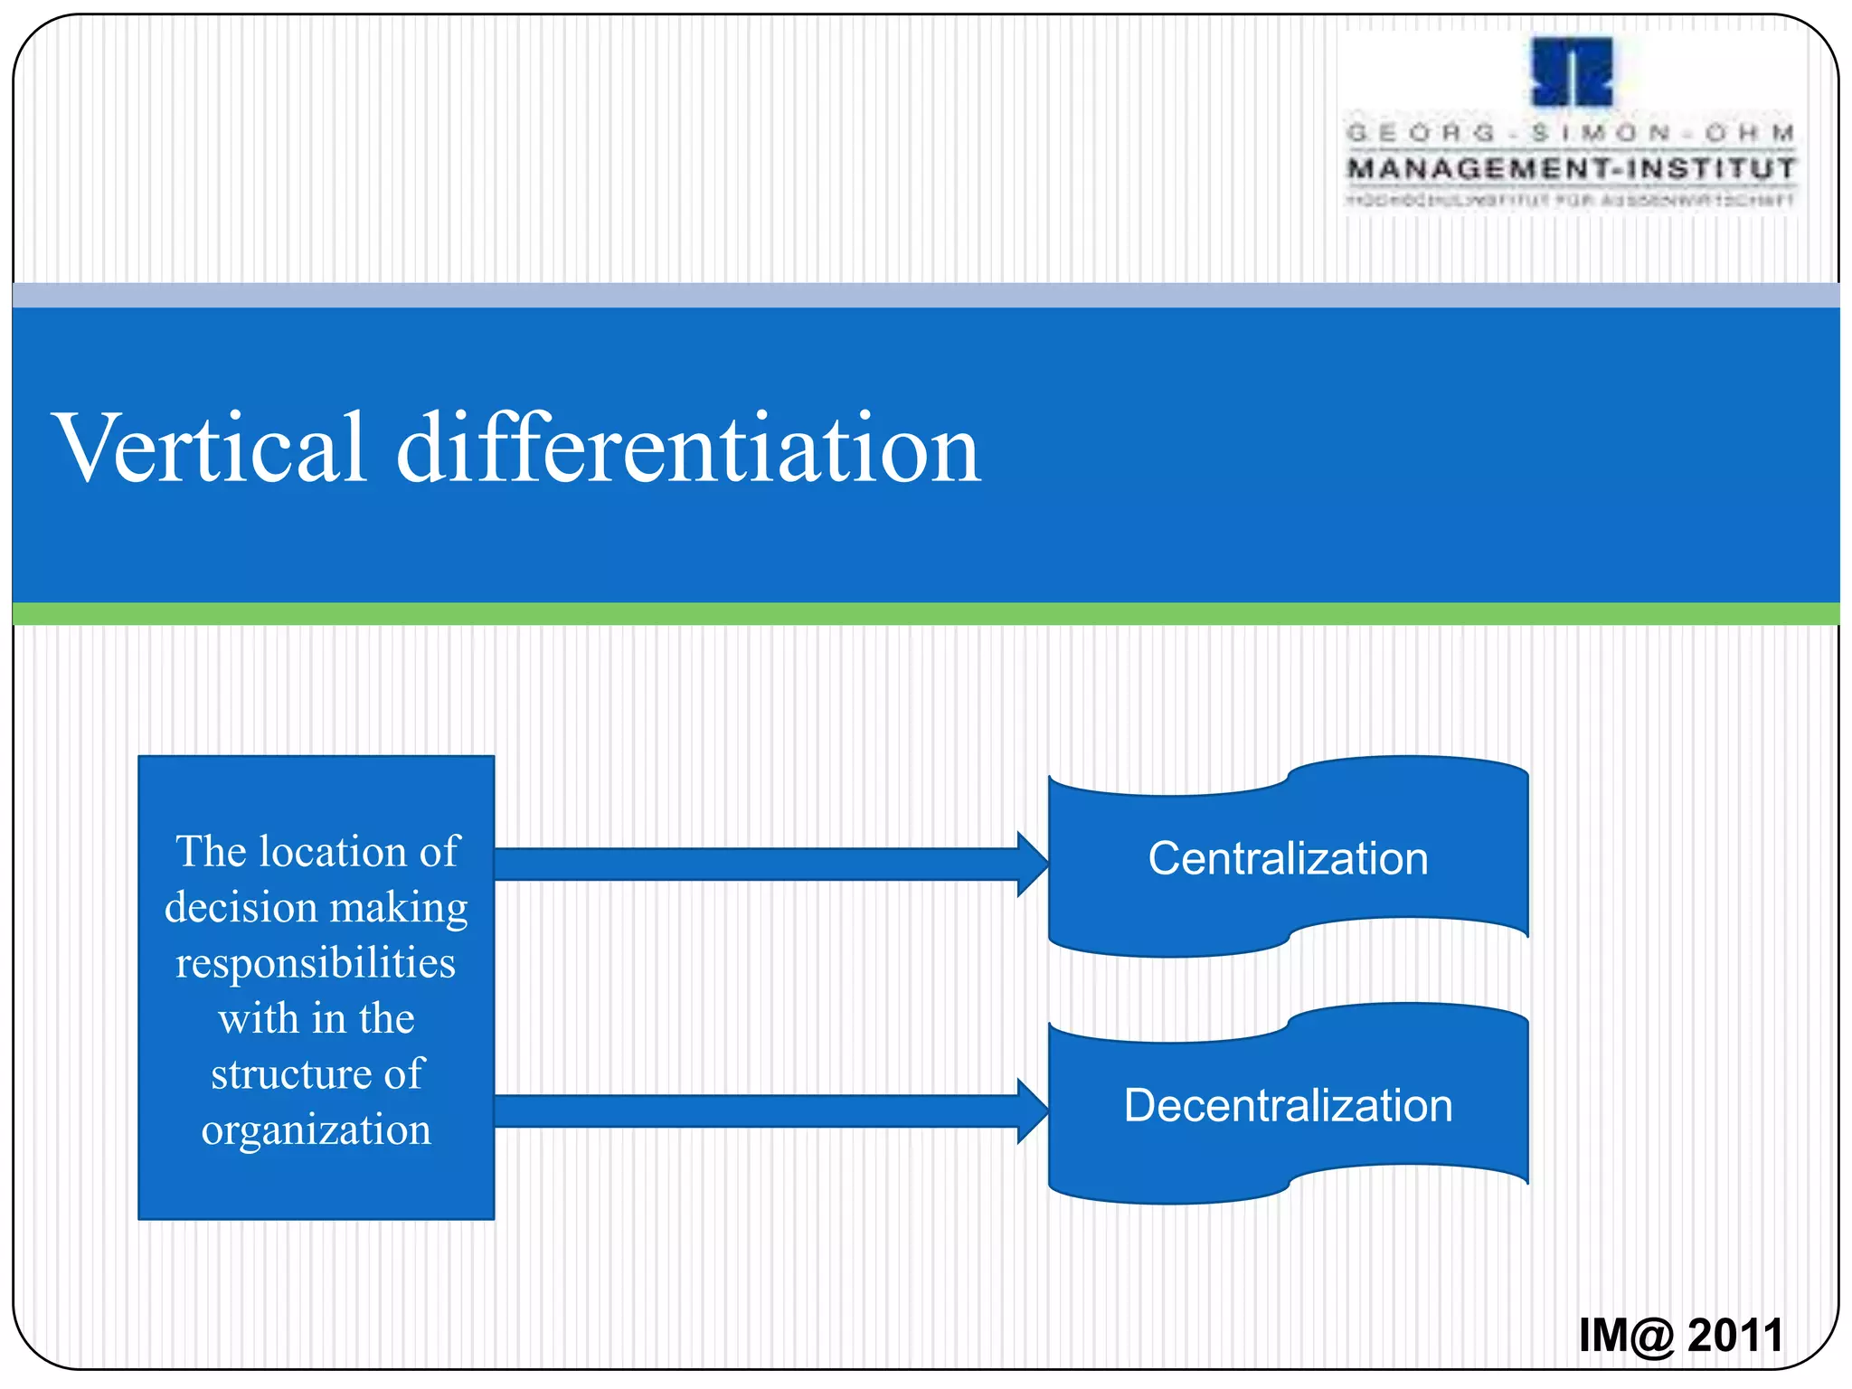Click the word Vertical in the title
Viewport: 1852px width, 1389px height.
(x=211, y=448)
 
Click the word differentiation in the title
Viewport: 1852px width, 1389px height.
(x=688, y=448)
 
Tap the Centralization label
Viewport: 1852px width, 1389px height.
(x=1288, y=858)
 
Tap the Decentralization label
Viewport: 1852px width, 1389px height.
(x=1288, y=1105)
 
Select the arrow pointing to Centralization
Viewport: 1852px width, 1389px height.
(x=760, y=864)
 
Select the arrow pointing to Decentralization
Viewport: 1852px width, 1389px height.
(x=760, y=1110)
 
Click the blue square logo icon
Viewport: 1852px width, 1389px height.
(x=1572, y=72)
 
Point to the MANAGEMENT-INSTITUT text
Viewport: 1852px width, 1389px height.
(x=1572, y=168)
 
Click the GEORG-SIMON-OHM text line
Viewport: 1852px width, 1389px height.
(x=1572, y=133)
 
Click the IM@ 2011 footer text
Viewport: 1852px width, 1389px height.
(x=1680, y=1335)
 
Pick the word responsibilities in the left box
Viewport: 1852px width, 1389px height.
(x=316, y=963)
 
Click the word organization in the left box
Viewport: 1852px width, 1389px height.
(x=316, y=1130)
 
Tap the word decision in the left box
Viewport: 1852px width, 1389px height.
(x=241, y=907)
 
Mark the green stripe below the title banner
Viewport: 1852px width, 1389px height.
(x=926, y=613)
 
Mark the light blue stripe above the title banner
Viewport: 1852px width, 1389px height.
(x=926, y=295)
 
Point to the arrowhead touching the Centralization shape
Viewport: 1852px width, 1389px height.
(x=1033, y=864)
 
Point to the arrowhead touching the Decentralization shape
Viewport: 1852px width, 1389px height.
(x=1033, y=1110)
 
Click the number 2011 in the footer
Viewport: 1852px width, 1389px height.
(x=1735, y=1335)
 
